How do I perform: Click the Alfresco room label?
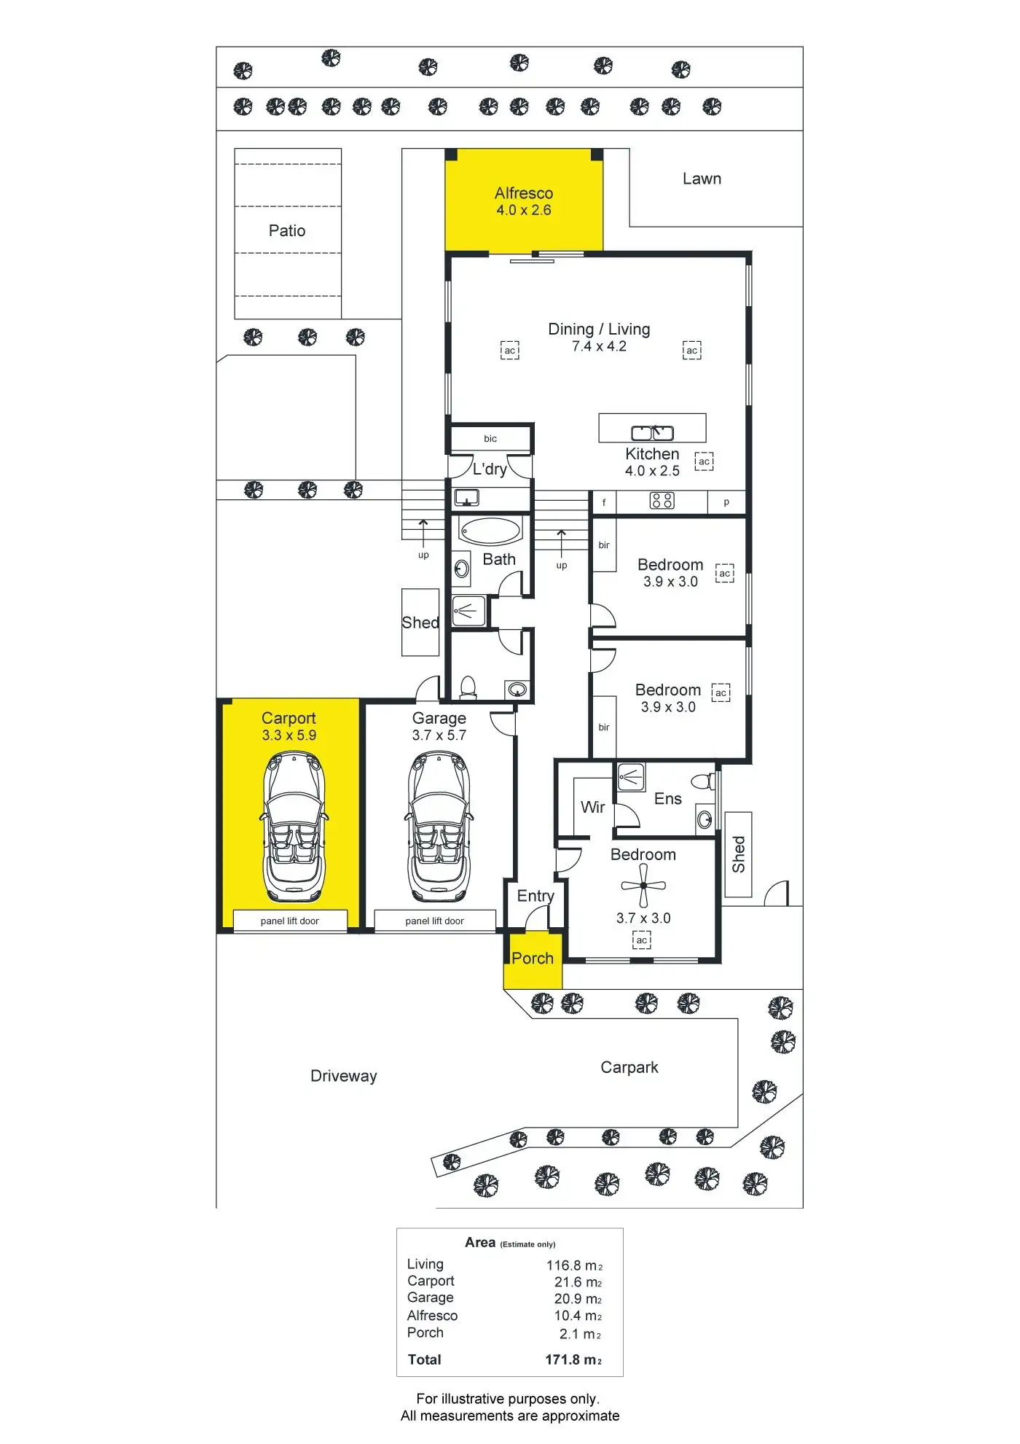[523, 193]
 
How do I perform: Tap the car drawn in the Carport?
[294, 827]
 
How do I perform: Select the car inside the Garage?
[437, 827]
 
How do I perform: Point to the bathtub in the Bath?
[490, 531]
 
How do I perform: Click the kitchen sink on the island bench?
[652, 432]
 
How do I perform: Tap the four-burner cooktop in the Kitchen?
[662, 501]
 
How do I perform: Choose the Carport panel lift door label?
[290, 921]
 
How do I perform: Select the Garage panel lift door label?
[434, 921]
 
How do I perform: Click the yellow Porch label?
[533, 959]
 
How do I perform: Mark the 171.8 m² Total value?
[573, 1359]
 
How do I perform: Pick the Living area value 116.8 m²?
[574, 1265]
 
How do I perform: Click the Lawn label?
[702, 179]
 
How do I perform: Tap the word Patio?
[287, 230]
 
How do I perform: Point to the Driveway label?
[344, 1076]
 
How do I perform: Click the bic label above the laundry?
[490, 439]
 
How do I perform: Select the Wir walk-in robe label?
[592, 807]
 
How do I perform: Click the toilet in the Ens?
[702, 782]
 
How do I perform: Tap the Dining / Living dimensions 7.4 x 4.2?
[599, 346]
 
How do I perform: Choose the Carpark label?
[629, 1067]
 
